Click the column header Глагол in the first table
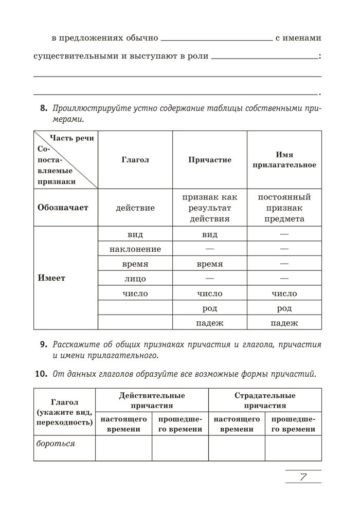click(135, 160)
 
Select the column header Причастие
click(210, 160)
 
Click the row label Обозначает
click(63, 208)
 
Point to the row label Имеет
click(51, 278)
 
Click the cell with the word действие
click(135, 208)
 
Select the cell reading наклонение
click(135, 249)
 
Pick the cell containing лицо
click(135, 279)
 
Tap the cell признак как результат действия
click(210, 208)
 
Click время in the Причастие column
click(210, 264)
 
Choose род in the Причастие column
click(210, 308)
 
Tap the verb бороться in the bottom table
click(56, 443)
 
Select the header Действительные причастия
click(152, 400)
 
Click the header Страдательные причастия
click(265, 400)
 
